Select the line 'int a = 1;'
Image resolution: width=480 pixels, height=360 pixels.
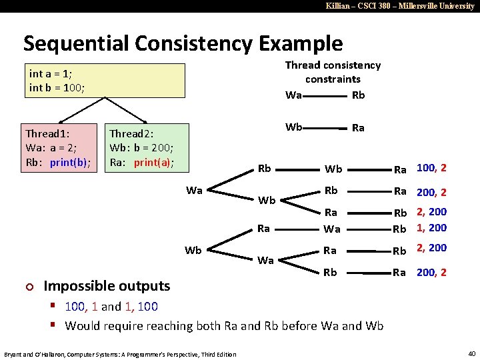click(x=51, y=73)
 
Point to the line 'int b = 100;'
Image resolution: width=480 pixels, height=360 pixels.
click(x=57, y=87)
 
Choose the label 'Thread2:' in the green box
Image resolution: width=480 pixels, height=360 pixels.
click(x=132, y=134)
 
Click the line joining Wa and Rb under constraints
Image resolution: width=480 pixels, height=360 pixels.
click(x=326, y=95)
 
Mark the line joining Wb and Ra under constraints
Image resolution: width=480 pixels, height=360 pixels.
click(x=328, y=127)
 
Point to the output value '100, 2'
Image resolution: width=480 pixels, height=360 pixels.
click(x=431, y=168)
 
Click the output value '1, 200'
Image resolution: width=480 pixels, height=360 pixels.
click(x=431, y=228)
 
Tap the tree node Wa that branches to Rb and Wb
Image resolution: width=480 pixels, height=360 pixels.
click(x=194, y=191)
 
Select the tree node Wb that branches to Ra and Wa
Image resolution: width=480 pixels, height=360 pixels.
click(x=193, y=251)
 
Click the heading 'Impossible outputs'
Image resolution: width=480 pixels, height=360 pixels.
click(x=107, y=286)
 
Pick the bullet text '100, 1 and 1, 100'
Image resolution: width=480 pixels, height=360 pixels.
click(x=111, y=307)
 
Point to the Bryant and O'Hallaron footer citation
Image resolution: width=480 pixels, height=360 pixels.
click(x=120, y=353)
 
